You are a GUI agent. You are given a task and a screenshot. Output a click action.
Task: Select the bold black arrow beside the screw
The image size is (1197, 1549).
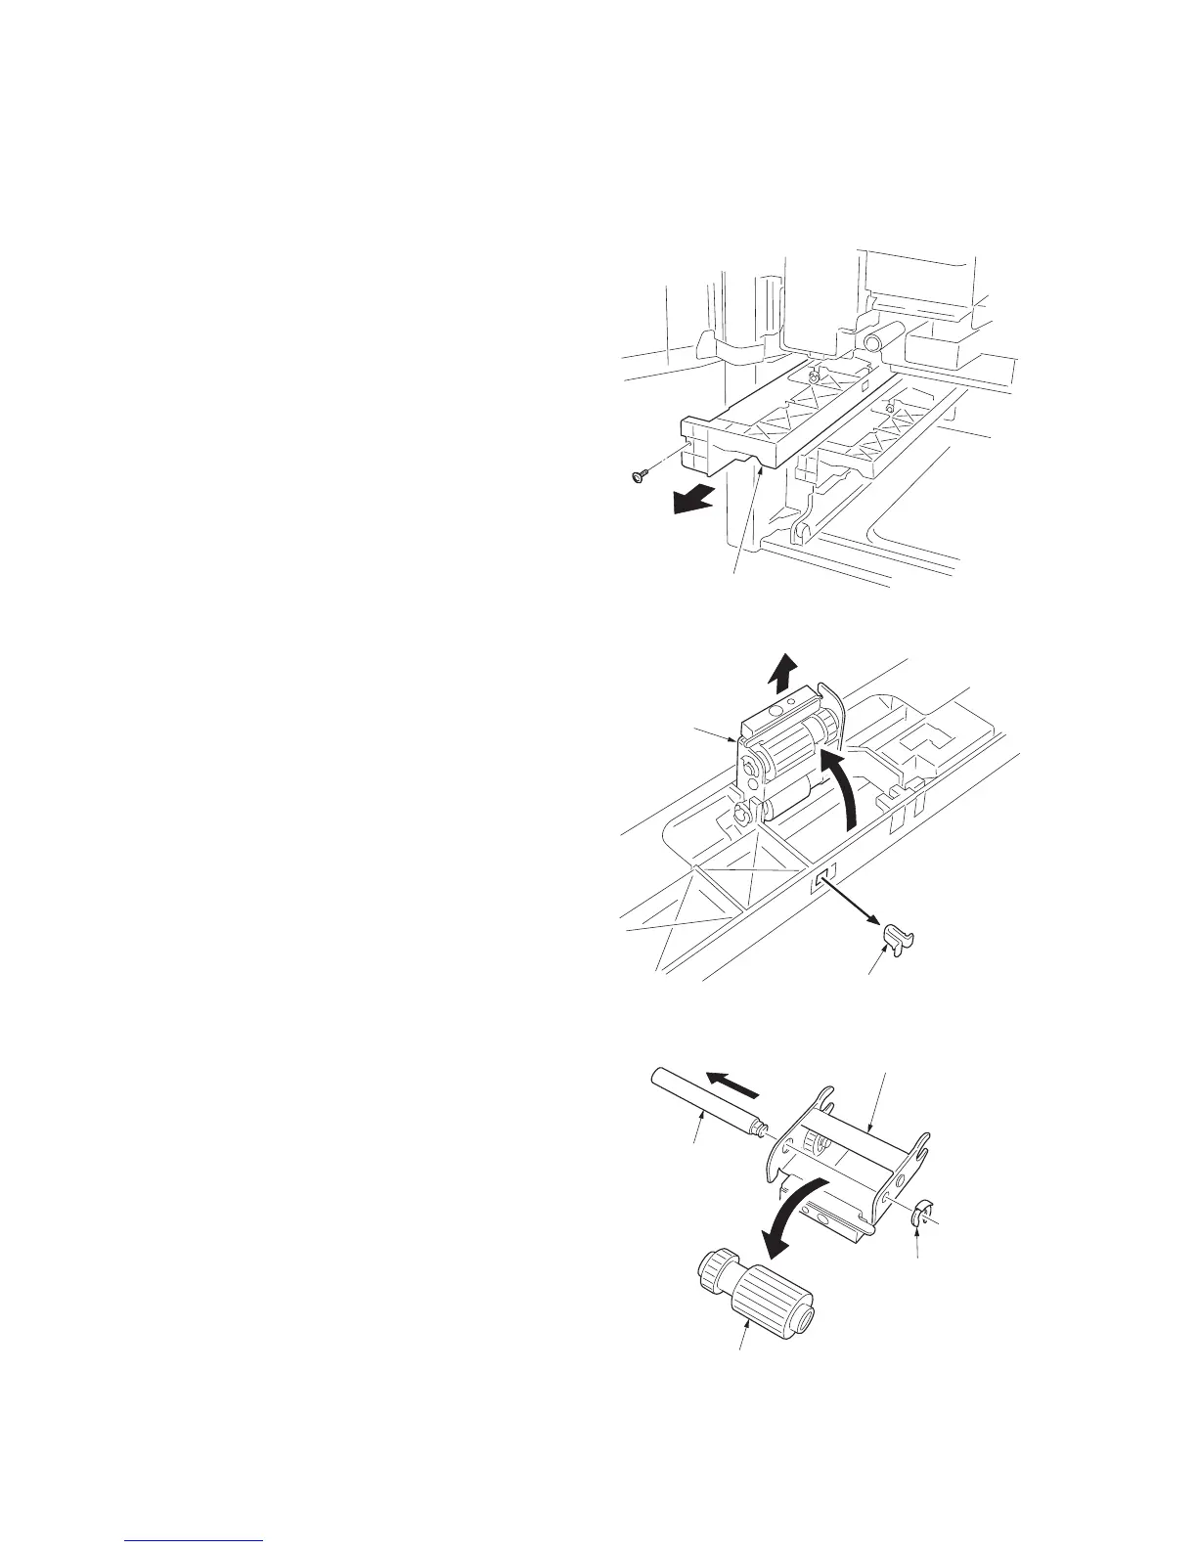[691, 502]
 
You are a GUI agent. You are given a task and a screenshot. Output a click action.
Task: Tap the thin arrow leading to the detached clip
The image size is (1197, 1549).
[850, 904]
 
